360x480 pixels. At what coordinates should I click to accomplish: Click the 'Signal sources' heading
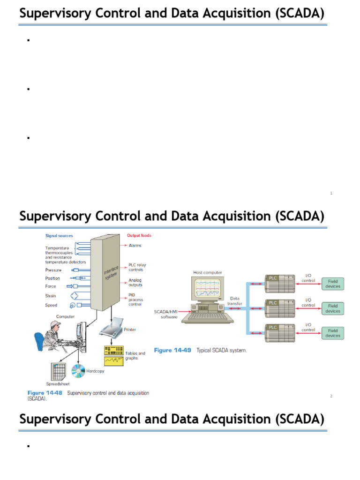(x=59, y=236)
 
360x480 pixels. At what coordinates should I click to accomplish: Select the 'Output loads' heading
(x=139, y=235)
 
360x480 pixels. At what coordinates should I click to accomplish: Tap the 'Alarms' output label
(x=135, y=245)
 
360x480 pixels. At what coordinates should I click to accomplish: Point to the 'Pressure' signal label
(x=53, y=270)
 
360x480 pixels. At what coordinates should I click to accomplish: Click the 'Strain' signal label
(x=51, y=296)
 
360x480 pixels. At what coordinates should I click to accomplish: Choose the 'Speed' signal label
(x=51, y=305)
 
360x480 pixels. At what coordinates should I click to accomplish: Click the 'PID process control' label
(x=135, y=300)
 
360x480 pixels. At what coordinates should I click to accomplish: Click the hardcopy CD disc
(x=78, y=371)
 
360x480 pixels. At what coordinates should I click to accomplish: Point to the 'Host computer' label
(x=208, y=272)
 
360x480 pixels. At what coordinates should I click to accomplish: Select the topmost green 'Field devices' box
(x=333, y=284)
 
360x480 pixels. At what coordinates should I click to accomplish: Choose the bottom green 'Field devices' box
(x=333, y=333)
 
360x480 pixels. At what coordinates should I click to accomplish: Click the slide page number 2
(x=331, y=396)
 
